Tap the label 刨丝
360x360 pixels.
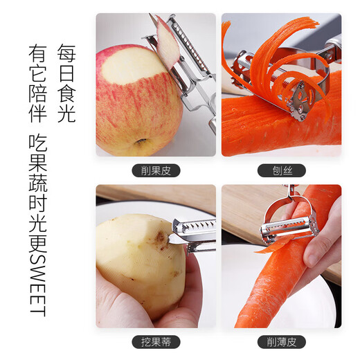(281, 171)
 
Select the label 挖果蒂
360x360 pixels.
(156, 342)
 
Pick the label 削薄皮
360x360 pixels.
(281, 342)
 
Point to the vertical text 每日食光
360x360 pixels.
(66, 84)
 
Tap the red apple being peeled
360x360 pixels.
(135, 104)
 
